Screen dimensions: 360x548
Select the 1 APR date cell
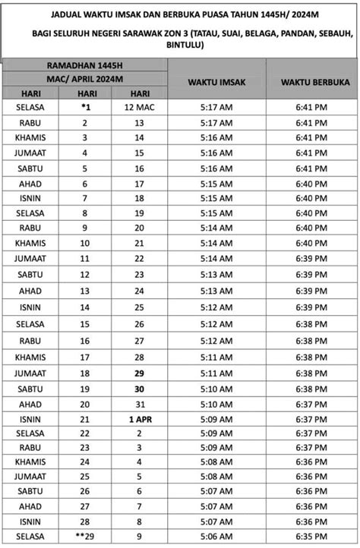(x=140, y=419)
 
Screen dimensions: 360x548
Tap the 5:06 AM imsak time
(x=216, y=537)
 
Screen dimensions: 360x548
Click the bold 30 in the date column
(x=140, y=389)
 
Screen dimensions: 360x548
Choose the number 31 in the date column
(x=140, y=404)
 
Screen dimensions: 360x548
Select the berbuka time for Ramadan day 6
(x=310, y=184)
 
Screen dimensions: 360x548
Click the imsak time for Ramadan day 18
(x=216, y=373)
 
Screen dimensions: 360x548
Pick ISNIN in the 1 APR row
(x=30, y=419)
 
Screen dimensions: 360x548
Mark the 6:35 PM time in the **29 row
(x=310, y=537)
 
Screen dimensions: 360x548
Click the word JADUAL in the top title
(x=70, y=14)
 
